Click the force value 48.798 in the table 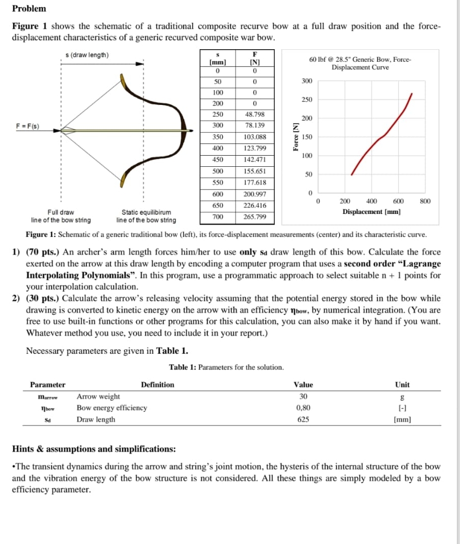click(256, 115)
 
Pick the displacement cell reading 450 click(218, 160)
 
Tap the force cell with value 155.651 click(256, 171)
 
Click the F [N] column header click(256, 58)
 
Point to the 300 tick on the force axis click(307, 81)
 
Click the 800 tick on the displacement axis click(425, 202)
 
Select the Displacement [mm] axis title click(371, 212)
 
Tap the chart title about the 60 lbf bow click(361, 63)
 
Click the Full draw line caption click(61, 216)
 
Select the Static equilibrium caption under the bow click(146, 216)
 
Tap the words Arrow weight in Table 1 click(98, 396)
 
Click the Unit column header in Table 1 click(402, 385)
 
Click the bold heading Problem click(29, 9)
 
